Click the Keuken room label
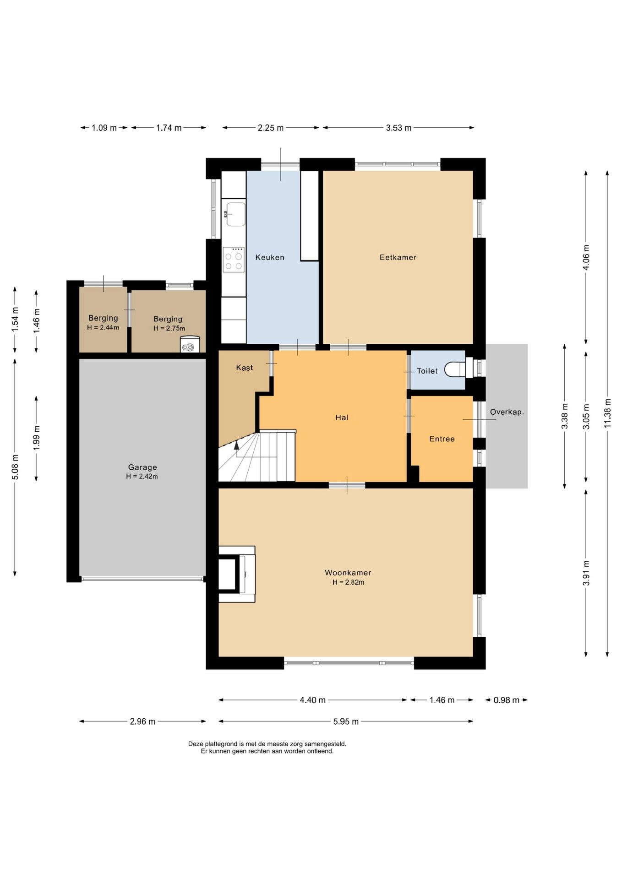pyautogui.click(x=270, y=257)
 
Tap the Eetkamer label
pyautogui.click(x=398, y=257)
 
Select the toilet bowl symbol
pyautogui.click(x=455, y=369)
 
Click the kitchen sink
pyautogui.click(x=235, y=214)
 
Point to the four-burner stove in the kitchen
pyautogui.click(x=234, y=260)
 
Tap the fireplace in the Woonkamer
pyautogui.click(x=237, y=574)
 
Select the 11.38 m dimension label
pyautogui.click(x=607, y=413)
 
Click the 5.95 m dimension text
pyautogui.click(x=346, y=722)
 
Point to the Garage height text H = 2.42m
pyautogui.click(x=142, y=476)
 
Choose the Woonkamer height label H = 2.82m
pyautogui.click(x=349, y=582)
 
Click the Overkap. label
pyautogui.click(x=507, y=412)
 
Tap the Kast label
pyautogui.click(x=245, y=368)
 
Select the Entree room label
pyautogui.click(x=442, y=439)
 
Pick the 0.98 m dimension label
pyautogui.click(x=507, y=700)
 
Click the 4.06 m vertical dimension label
pyautogui.click(x=586, y=257)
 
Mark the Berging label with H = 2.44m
pyautogui.click(x=103, y=322)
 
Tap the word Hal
pyautogui.click(x=342, y=418)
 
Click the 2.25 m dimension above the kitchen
pyautogui.click(x=270, y=128)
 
